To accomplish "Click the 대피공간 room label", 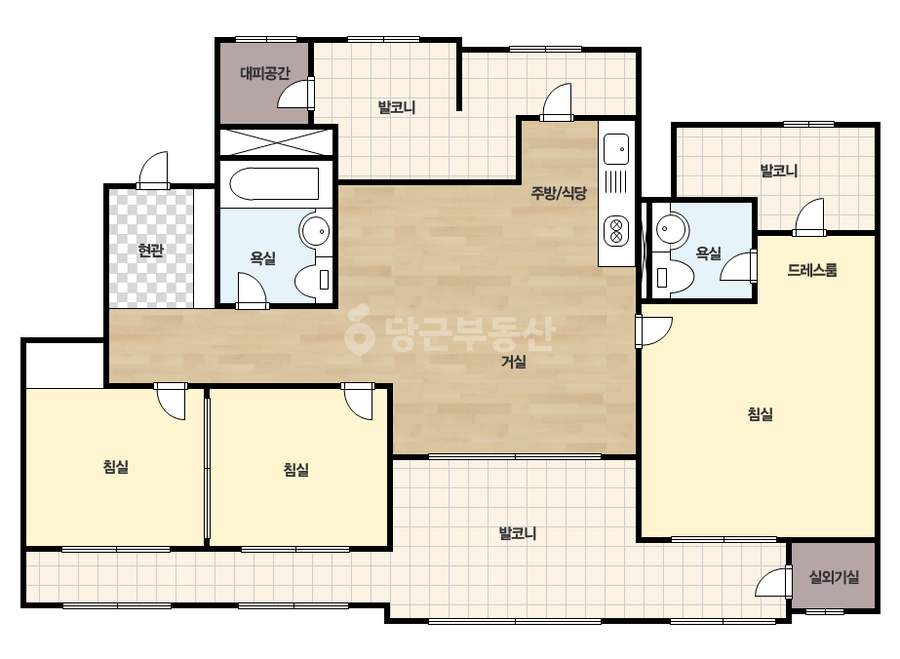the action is [x=264, y=73].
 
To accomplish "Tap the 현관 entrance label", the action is [x=150, y=251].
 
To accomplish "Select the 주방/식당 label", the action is [x=559, y=193].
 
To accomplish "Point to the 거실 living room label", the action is [x=514, y=362].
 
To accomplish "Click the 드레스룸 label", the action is [x=811, y=270].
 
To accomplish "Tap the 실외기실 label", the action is [x=834, y=577].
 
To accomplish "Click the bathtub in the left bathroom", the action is [x=274, y=183].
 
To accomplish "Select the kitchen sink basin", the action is [x=616, y=149].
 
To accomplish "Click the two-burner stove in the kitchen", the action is [x=616, y=231].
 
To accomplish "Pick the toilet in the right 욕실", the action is [x=674, y=276].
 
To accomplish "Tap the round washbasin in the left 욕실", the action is [x=315, y=231].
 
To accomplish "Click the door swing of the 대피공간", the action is [x=295, y=94].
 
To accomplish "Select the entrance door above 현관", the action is [x=153, y=170].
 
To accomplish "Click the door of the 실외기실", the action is [x=773, y=582].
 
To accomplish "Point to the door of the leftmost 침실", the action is [x=171, y=402].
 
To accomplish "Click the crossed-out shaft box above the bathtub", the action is [x=276, y=141].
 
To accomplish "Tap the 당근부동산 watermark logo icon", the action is [x=359, y=331].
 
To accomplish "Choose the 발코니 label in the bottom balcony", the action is [x=517, y=533].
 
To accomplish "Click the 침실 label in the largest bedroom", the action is [x=760, y=414].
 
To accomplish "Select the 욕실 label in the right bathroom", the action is [x=708, y=253].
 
